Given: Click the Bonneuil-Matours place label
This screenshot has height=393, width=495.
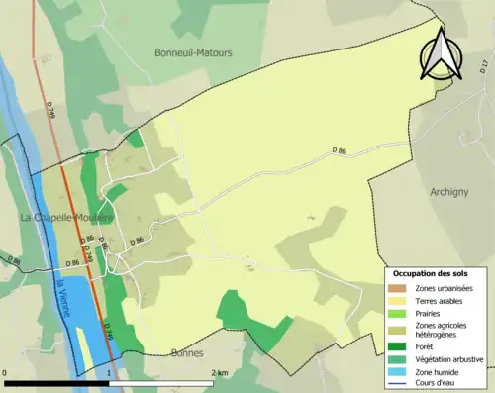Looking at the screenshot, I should (194, 52).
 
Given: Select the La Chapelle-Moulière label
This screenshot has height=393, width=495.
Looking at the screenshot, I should (67, 217).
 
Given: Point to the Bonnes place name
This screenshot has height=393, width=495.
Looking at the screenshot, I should (186, 352).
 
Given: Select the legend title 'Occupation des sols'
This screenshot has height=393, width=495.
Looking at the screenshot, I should (431, 272).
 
